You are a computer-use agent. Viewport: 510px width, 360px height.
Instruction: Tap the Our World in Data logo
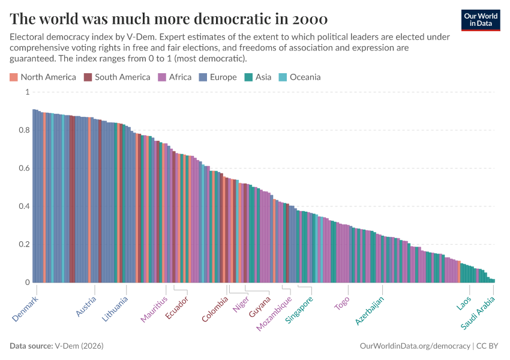pyautogui.click(x=480, y=20)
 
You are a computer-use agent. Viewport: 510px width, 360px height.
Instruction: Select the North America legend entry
pyautogui.click(x=43, y=77)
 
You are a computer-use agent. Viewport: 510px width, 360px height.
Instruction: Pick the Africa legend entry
pyautogui.click(x=175, y=77)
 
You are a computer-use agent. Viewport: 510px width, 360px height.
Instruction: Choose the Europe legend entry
pyautogui.click(x=218, y=77)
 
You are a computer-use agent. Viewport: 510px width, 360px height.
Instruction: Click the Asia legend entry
pyautogui.click(x=258, y=77)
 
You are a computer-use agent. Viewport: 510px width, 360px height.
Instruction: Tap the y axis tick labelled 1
pyautogui.click(x=26, y=92)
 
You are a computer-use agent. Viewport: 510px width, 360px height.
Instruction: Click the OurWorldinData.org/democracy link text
pyautogui.click(x=415, y=346)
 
